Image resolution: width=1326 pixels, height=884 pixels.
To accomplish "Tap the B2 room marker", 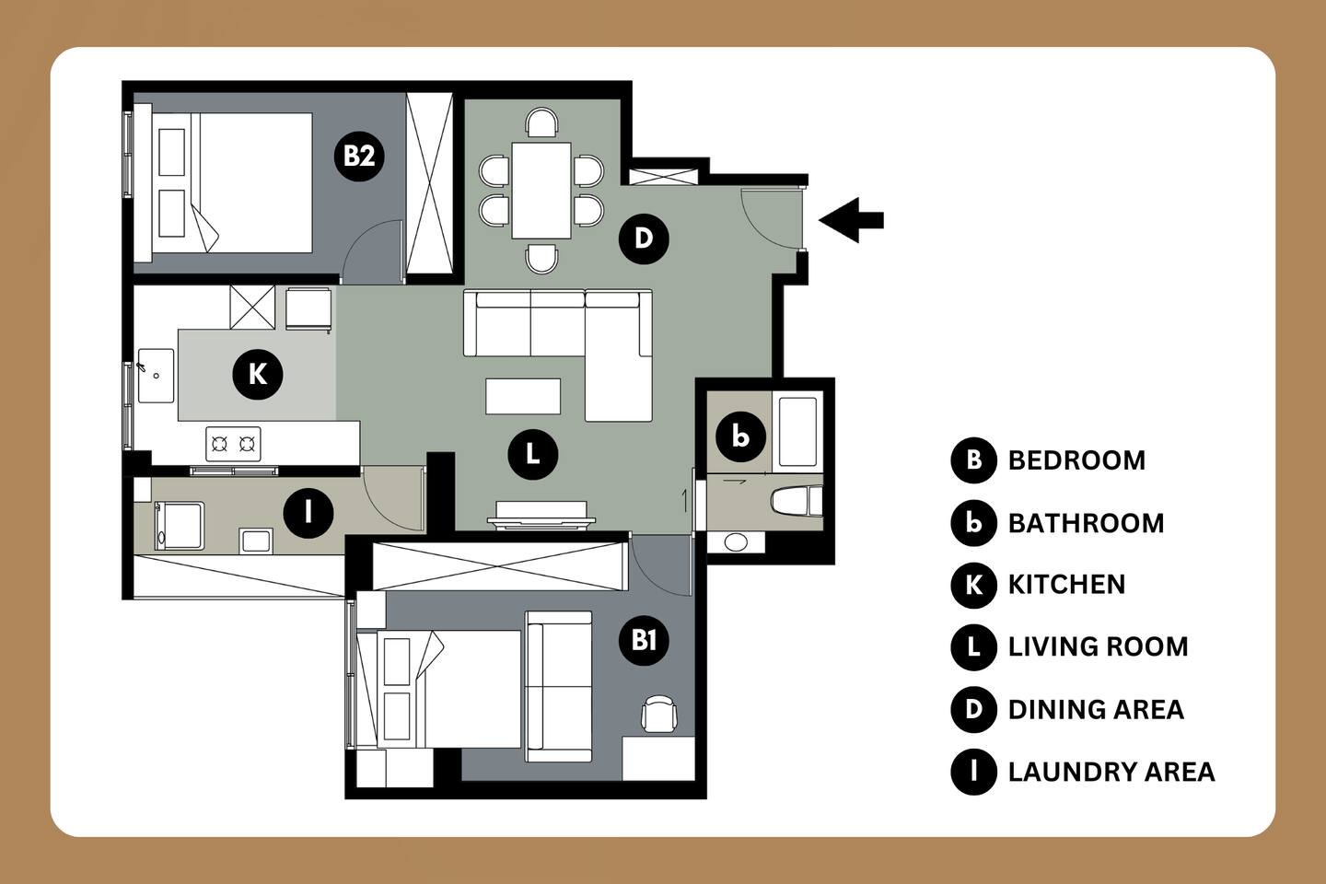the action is tap(359, 157).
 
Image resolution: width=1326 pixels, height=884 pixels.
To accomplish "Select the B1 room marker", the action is tap(644, 640).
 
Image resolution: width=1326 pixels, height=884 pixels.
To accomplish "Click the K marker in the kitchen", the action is tap(258, 375).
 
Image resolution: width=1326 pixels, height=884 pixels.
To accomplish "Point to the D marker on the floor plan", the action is tap(644, 238).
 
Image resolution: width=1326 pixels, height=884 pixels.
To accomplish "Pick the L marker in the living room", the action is tap(533, 455).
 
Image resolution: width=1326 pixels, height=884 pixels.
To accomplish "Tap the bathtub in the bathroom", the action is tap(797, 431).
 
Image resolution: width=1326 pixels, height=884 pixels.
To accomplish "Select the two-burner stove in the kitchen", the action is tap(233, 444).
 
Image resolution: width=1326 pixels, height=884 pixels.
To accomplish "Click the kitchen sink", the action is tap(156, 376).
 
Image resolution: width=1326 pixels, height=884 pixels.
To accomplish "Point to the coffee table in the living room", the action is tap(523, 396).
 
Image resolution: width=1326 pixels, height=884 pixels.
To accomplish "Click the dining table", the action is tap(541, 190).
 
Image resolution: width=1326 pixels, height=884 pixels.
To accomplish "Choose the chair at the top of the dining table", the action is tap(541, 122).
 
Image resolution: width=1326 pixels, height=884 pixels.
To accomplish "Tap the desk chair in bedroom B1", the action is tap(659, 714).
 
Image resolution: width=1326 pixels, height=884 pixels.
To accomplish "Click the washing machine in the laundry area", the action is tap(179, 526).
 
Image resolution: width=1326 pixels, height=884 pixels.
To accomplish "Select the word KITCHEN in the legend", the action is tap(1066, 585).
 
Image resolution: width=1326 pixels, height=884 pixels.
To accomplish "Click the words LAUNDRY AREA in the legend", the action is tap(1111, 772).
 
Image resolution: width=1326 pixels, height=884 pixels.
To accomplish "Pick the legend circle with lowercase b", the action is tap(974, 523).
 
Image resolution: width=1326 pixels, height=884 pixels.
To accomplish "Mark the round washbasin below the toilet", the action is tap(736, 541).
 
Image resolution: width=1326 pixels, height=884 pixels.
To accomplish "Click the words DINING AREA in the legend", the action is tap(1096, 709).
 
